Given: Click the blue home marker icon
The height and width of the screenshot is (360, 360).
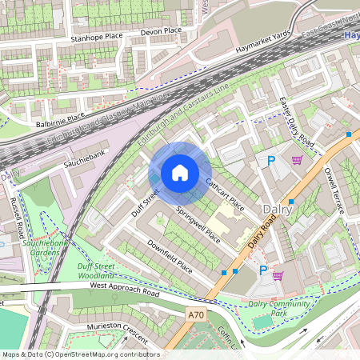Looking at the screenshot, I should pyautogui.click(x=180, y=172).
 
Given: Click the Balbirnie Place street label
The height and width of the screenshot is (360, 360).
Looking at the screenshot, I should pyautogui.click(x=60, y=124).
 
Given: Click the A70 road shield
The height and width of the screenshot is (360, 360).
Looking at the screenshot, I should pyautogui.click(x=196, y=316).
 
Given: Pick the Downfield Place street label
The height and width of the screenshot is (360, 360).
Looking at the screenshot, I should pyautogui.click(x=170, y=254).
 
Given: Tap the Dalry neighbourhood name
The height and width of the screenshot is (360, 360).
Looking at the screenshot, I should pyautogui.click(x=277, y=209).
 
